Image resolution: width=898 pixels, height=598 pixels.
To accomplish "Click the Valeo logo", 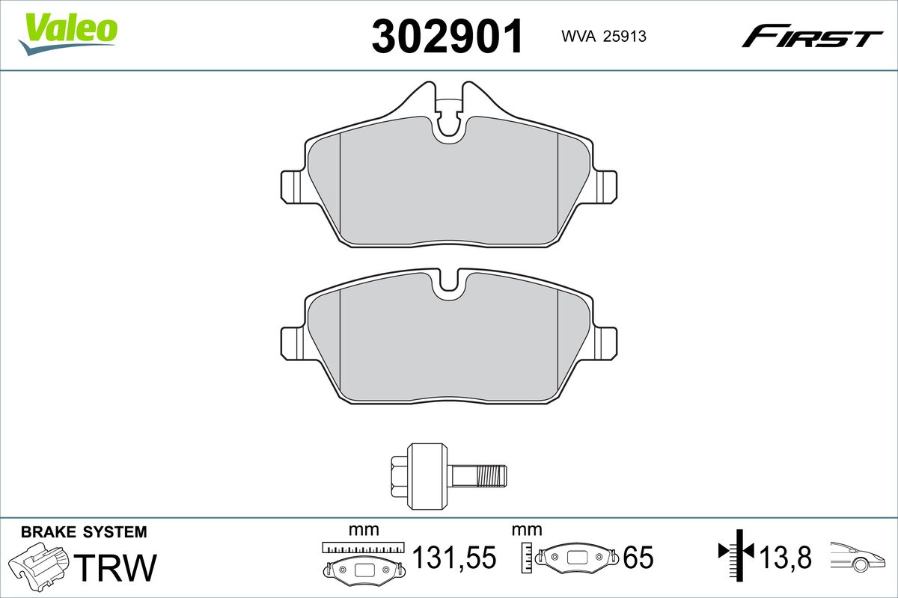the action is (68, 34).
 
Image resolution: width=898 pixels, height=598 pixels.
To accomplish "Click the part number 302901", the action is (448, 36).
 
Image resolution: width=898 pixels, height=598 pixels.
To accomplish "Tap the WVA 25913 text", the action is (604, 37).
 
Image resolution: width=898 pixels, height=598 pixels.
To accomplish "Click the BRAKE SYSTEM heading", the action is (84, 532).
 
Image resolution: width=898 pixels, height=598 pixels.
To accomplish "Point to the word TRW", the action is (115, 567).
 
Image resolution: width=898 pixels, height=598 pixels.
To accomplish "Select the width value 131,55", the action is (454, 558).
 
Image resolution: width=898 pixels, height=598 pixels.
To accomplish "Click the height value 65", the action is (638, 558).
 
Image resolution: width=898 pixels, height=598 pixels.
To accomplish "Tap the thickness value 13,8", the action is (786, 558).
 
